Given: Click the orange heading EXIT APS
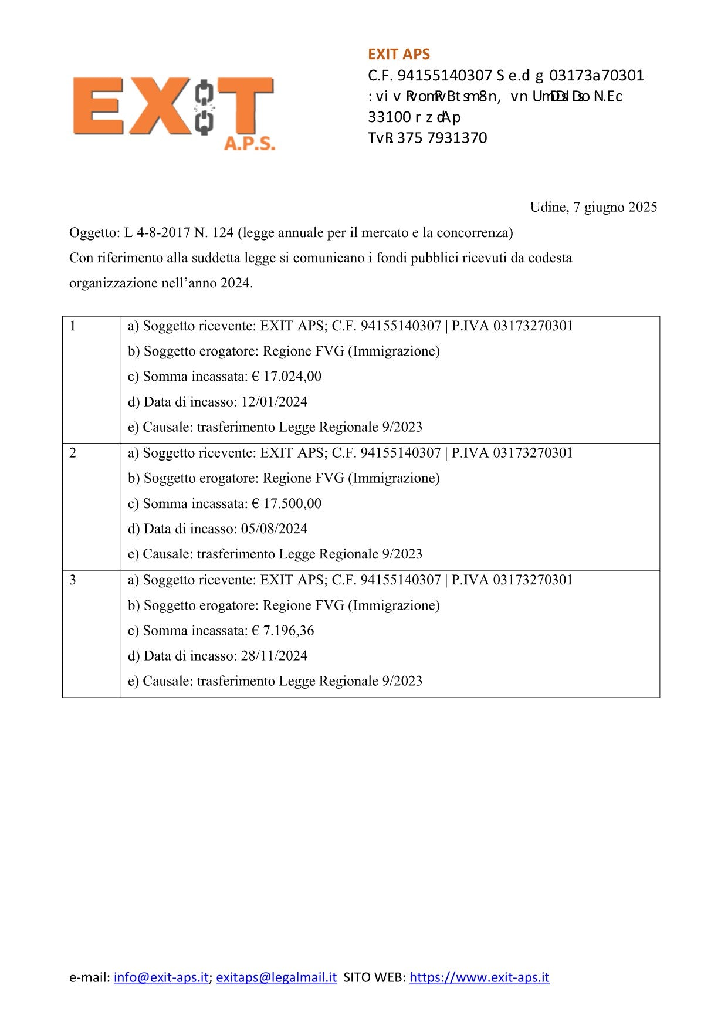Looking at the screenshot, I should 399,55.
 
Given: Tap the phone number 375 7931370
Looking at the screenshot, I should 442,138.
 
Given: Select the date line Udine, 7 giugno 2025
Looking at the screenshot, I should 593,207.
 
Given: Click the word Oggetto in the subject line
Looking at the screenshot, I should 93,233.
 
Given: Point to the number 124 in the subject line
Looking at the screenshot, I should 222,233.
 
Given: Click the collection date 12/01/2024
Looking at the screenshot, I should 274,402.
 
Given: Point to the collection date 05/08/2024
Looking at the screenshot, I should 274,529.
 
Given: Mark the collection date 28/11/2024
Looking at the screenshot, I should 274,656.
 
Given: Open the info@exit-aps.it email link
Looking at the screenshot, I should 161,977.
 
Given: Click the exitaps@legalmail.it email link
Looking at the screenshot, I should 276,977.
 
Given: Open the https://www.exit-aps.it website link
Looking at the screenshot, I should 479,977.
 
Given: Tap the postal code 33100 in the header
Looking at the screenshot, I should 389,117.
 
